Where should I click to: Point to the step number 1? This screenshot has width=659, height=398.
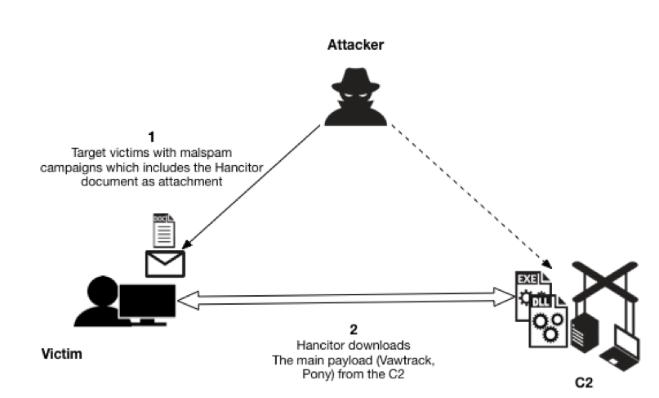pyautogui.click(x=150, y=137)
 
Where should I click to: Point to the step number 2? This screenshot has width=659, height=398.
pyautogui.click(x=354, y=330)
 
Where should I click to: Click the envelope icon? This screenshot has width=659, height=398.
pyautogui.click(x=165, y=262)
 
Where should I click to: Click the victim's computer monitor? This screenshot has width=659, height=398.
pyautogui.click(x=147, y=302)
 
